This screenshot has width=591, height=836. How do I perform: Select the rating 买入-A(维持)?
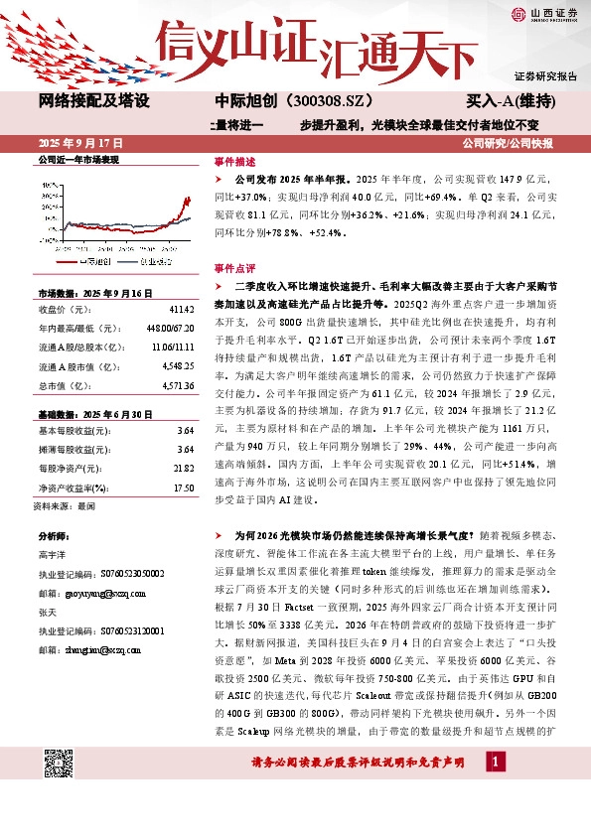[x=510, y=101]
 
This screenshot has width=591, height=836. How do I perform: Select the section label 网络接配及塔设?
[x=93, y=101]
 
